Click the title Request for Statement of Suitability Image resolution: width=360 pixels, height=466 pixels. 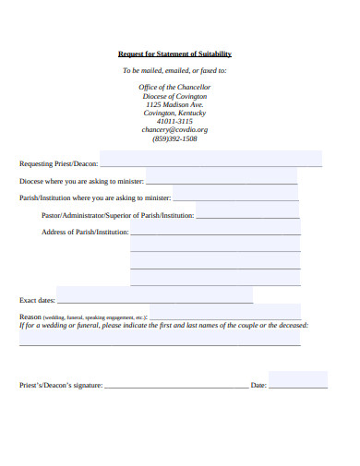click(174, 54)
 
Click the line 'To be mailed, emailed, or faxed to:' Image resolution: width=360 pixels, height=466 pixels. click(174, 70)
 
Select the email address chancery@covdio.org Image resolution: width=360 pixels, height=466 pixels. click(174, 130)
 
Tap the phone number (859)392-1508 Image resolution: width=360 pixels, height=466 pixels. click(174, 139)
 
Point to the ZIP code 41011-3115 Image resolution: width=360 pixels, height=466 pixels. click(174, 121)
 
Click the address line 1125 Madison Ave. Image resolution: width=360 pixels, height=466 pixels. click(174, 104)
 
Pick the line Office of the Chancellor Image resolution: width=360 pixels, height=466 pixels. click(174, 87)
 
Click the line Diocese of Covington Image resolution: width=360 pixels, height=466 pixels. click(174, 96)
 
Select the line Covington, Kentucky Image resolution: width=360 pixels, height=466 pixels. click(174, 113)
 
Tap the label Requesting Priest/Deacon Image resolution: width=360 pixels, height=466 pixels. click(56, 163)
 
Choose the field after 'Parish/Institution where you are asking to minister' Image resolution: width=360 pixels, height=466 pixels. click(235, 196)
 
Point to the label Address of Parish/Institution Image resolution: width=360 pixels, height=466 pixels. click(84, 232)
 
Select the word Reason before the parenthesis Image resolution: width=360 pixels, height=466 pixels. click(30, 316)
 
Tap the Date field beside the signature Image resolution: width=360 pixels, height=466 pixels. click(298, 381)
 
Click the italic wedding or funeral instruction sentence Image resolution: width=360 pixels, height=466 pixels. click(163, 325)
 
